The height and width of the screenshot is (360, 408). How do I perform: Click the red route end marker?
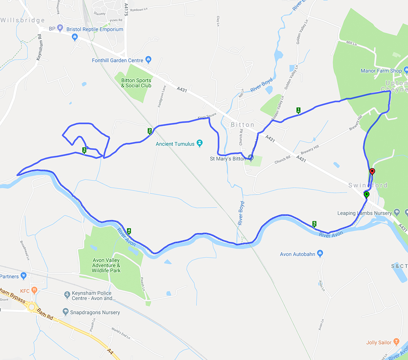(x=372, y=172)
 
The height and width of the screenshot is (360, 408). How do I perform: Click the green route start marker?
(x=366, y=194)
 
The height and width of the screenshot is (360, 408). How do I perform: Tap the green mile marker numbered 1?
(x=298, y=110)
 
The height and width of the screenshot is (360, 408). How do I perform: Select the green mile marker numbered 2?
(x=150, y=131)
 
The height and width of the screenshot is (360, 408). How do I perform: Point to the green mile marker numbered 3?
(x=84, y=150)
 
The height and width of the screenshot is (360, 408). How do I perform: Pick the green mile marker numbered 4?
(x=129, y=231)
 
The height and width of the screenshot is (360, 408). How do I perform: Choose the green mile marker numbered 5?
(x=314, y=223)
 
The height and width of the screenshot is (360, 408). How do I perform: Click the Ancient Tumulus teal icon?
(x=200, y=144)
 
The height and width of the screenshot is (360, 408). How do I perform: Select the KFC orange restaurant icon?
(x=34, y=290)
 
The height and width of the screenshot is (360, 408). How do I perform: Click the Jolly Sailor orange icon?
(x=396, y=342)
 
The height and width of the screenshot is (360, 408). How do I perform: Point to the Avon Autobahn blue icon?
(x=320, y=254)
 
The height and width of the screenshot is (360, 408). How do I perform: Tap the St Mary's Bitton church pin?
(x=251, y=158)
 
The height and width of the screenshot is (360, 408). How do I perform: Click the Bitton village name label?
(x=242, y=125)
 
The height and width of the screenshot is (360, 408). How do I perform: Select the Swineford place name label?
(x=368, y=185)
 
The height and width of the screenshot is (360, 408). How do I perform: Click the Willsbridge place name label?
(x=23, y=20)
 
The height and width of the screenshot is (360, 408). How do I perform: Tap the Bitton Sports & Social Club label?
(x=136, y=83)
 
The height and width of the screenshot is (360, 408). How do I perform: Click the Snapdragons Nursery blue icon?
(x=65, y=312)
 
